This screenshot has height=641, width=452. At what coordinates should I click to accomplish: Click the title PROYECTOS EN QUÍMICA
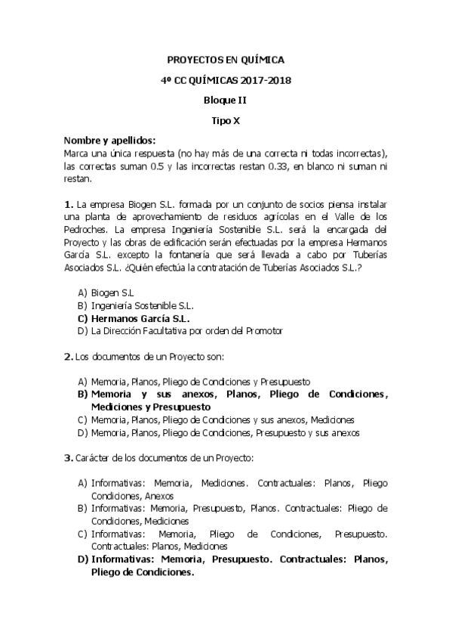[225, 60]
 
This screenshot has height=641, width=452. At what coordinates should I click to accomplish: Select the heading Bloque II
[225, 100]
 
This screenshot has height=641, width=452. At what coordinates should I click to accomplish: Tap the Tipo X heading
[225, 119]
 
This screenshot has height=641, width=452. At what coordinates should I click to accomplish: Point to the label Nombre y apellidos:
[110, 141]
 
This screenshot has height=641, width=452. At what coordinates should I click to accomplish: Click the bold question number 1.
[69, 204]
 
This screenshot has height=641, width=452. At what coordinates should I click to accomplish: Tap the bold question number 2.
[69, 356]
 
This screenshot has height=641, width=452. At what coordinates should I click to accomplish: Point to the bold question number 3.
[69, 457]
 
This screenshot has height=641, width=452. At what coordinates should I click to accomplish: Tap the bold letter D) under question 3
[82, 559]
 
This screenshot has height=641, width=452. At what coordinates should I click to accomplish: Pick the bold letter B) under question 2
[82, 395]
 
